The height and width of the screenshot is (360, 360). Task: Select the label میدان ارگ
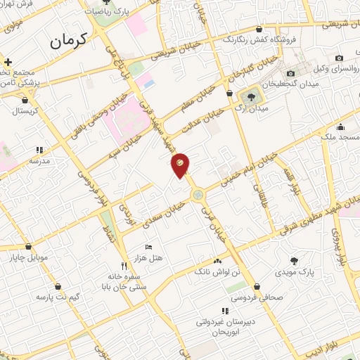pyautogui.click(x=255, y=109)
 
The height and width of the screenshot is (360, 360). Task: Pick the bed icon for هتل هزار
pyautogui.click(x=148, y=247)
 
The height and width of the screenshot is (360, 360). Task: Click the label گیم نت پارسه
pyautogui.click(x=57, y=297)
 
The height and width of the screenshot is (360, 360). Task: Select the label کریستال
pyautogui.click(x=25, y=110)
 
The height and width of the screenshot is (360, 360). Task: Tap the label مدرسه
pyautogui.click(x=39, y=161)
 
